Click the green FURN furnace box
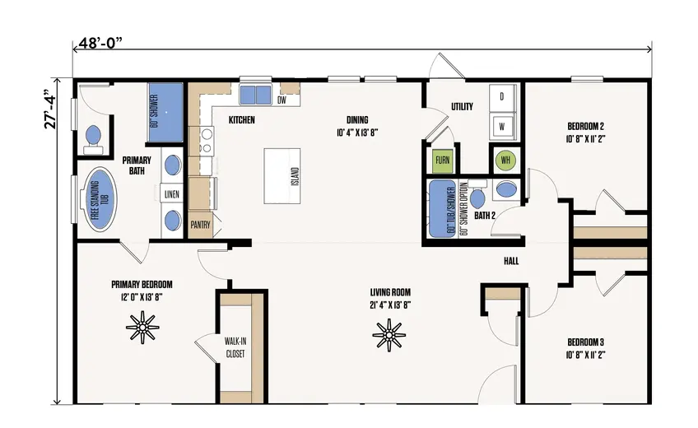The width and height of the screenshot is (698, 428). click(x=443, y=160)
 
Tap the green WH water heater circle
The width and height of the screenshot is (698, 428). click(x=505, y=160)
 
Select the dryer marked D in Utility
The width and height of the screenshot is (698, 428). click(x=503, y=97)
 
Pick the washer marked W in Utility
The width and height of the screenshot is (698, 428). click(x=503, y=126)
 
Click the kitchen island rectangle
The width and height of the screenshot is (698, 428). click(x=282, y=176)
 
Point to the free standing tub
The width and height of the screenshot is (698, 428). click(x=98, y=199)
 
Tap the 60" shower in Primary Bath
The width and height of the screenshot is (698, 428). click(x=165, y=112)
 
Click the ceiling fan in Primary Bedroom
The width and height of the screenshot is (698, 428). click(x=142, y=328)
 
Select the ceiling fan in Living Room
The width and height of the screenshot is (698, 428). click(x=389, y=335)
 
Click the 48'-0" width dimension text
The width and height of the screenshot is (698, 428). click(x=100, y=44)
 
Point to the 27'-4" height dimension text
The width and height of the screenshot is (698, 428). click(x=50, y=110)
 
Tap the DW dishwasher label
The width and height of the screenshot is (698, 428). click(x=282, y=100)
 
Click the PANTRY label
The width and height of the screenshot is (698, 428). click(x=200, y=225)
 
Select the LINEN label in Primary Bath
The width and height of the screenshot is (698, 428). click(x=172, y=194)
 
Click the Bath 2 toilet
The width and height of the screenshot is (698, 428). click(x=477, y=196)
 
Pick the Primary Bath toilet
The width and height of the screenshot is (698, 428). click(x=93, y=138)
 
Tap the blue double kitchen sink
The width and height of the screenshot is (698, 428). click(x=256, y=95)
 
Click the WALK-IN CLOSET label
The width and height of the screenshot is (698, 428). click(x=235, y=348)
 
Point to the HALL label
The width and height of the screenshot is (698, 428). click(x=511, y=261)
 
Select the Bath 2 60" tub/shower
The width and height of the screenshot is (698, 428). click(x=443, y=209)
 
